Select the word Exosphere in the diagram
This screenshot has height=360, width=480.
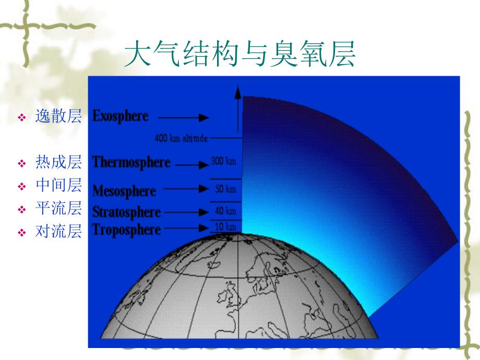pos(120,116)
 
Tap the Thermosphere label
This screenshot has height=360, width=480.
pos(131,162)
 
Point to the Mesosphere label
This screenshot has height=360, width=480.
pos(124,191)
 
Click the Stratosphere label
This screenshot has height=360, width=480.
pos(126,212)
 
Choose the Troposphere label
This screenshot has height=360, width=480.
pos(126,230)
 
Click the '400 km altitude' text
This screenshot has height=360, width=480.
pos(181,139)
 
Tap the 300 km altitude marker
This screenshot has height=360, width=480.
pos(224,162)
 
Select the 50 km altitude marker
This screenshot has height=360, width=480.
pos(225,189)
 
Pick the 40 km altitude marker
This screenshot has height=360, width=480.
pos(225,211)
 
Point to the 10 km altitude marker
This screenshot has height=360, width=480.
pos(225,227)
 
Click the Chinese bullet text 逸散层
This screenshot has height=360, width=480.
pos(58,117)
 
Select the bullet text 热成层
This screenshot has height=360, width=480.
pos(58,162)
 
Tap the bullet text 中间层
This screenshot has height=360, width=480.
pos(58,185)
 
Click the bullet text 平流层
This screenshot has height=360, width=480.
pos(58,209)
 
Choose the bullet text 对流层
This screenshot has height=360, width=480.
pos(58,232)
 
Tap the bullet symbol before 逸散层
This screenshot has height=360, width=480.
pos(22,118)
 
